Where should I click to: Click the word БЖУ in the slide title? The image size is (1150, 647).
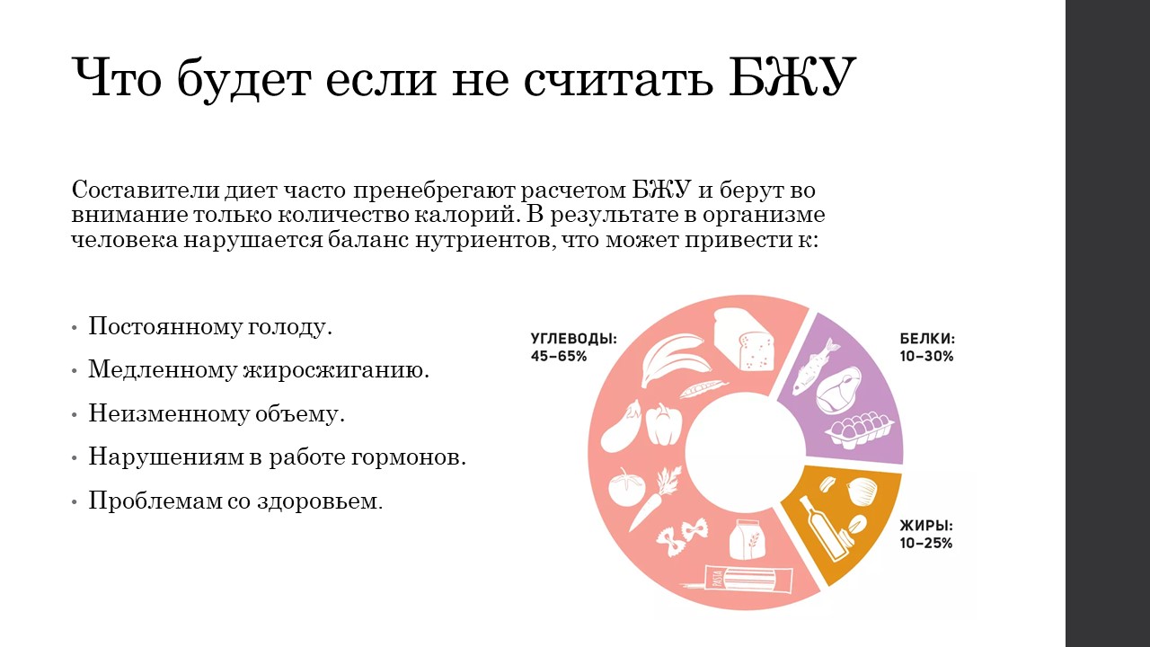point(792,78)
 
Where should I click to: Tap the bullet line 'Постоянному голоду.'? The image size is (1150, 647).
point(210,326)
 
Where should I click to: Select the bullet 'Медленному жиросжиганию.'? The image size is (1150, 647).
point(259,369)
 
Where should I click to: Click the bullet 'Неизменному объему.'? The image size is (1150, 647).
point(217,413)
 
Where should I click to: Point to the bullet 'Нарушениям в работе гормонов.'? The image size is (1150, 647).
point(278,456)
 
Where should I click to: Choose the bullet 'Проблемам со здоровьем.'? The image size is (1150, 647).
point(235,501)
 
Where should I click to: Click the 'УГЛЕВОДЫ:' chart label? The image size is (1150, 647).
point(574,339)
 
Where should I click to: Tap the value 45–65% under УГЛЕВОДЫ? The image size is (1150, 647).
point(559,357)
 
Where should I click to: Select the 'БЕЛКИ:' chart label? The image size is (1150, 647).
point(927,339)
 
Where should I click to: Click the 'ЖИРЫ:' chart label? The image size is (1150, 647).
point(926,526)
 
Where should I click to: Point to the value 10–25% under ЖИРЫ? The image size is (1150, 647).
point(926,544)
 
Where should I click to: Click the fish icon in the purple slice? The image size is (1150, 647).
point(815,366)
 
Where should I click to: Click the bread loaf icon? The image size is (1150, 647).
point(743,339)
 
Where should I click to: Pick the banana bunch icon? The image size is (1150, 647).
point(675,359)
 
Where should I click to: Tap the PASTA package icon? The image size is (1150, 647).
point(738,580)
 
